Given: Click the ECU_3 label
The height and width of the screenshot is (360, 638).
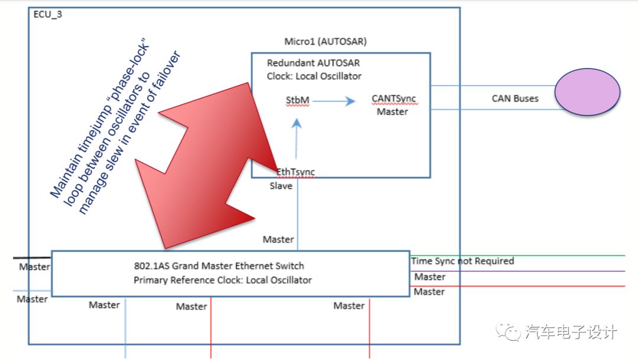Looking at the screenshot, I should pyautogui.click(x=48, y=14).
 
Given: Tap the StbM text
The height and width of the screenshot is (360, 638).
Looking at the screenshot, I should pyautogui.click(x=298, y=100).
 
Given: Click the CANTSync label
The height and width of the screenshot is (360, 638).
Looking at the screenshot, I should pyautogui.click(x=394, y=99).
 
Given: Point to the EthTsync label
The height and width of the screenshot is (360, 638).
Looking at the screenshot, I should pyautogui.click(x=295, y=172).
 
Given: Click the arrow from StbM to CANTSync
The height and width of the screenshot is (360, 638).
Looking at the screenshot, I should pyautogui.click(x=334, y=101).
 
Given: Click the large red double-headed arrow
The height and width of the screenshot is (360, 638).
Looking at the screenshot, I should pyautogui.click(x=207, y=166).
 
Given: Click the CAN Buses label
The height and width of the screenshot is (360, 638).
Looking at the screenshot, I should pyautogui.click(x=515, y=99).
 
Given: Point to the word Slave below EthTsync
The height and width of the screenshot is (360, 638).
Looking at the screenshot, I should pyautogui.click(x=281, y=186).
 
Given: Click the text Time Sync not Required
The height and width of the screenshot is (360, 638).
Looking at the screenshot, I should pyautogui.click(x=463, y=261).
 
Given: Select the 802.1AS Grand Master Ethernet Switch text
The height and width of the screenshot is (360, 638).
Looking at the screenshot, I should pyautogui.click(x=219, y=266).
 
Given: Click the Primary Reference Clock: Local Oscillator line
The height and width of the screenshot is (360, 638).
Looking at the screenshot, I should pyautogui.click(x=223, y=280).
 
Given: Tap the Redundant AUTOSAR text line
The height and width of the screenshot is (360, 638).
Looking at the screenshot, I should pyautogui.click(x=313, y=63).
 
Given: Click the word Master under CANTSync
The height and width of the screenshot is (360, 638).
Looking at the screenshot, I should pyautogui.click(x=392, y=112).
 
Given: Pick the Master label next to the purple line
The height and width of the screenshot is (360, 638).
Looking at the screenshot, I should pyautogui.click(x=429, y=277).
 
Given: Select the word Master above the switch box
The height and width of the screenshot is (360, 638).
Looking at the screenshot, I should pyautogui.click(x=278, y=239).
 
